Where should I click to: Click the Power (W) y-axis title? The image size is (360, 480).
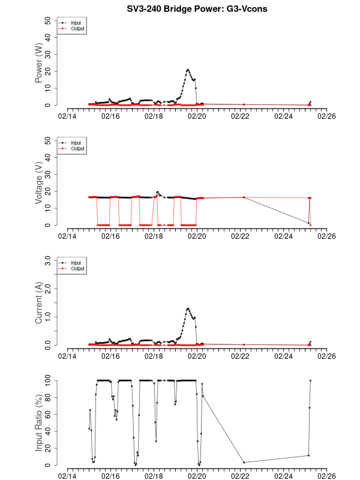39,62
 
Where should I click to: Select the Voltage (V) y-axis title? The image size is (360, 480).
39,183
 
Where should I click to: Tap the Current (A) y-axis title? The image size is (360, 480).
39,303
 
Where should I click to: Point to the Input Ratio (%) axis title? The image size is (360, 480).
39,423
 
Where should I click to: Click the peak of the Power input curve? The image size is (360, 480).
188,70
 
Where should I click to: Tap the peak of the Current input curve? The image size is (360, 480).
188,308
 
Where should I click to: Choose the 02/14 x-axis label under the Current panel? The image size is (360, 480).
67,356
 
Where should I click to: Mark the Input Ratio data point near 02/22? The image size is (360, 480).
244,462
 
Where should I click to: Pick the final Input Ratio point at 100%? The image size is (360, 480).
310,380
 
